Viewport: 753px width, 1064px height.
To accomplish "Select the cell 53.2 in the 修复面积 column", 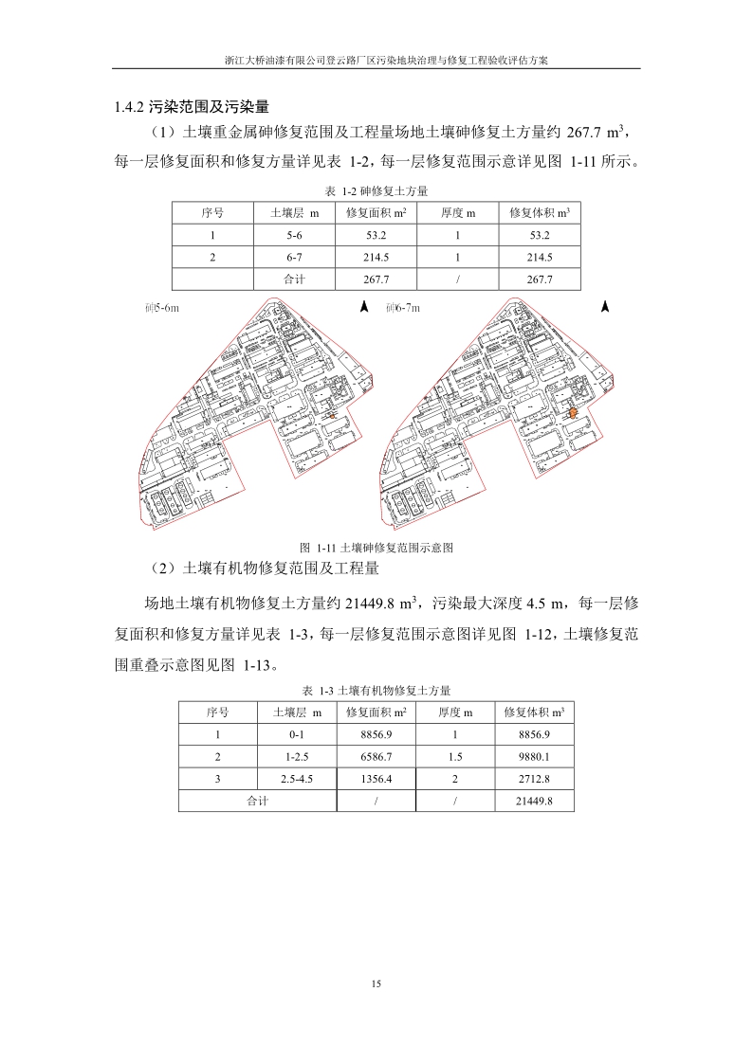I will tap(376, 235).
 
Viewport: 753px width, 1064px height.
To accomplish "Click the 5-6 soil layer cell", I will tap(294, 235).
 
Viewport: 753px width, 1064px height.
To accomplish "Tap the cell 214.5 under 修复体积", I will tap(539, 257).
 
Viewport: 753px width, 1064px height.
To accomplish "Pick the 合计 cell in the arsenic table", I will tap(294, 280).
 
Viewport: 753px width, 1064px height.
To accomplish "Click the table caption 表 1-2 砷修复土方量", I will tap(376, 190).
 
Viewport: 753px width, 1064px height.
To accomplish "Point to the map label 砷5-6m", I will tap(161, 309).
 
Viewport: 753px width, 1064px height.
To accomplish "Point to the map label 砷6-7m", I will tap(402, 309).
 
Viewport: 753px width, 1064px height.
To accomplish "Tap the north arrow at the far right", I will tap(605, 307).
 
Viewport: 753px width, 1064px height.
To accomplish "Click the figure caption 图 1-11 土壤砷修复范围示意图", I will tap(376, 548).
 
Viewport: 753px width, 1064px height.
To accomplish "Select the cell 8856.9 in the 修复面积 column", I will tap(376, 735).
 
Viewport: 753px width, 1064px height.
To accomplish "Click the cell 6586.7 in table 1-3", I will tap(376, 757).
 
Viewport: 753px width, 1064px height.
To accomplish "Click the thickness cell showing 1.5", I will tap(455, 757).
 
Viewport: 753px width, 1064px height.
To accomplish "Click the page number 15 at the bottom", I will tap(376, 985).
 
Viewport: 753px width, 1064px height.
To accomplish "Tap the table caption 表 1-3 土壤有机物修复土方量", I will tap(376, 690).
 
